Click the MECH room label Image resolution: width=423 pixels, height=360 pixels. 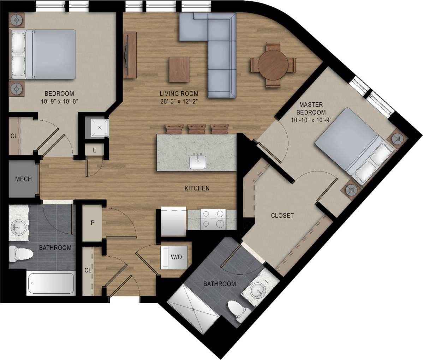click(23, 179)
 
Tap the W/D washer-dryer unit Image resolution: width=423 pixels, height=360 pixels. click(176, 257)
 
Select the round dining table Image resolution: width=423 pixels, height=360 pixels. click(273, 65)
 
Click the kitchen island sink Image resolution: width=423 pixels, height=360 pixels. click(198, 161)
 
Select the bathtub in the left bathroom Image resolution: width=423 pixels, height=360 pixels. click(51, 283)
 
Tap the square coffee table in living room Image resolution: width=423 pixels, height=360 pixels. click(179, 70)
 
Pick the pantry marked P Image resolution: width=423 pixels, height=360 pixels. click(92, 223)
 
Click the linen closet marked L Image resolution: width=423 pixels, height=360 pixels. click(94, 150)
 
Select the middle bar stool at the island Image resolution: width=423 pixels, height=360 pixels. click(197, 128)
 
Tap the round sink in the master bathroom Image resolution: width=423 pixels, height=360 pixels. click(260, 292)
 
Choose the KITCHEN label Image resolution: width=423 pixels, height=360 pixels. click(197, 188)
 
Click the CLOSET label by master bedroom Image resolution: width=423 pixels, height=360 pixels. click(282, 215)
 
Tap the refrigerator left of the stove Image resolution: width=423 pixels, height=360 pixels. click(173, 221)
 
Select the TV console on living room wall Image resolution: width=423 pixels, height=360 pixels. click(130, 55)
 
